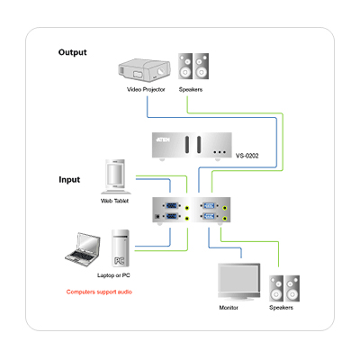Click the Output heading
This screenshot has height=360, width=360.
tap(72, 52)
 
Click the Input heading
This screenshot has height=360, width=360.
tap(69, 180)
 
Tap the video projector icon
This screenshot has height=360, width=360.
tap(144, 70)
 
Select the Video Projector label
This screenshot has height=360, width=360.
tap(146, 89)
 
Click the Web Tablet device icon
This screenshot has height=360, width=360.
tap(115, 176)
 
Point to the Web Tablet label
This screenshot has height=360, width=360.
tap(114, 201)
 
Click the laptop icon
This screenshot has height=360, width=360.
tap(83, 249)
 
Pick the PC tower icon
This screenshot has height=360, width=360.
tap(121, 248)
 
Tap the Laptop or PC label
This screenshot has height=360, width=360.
tap(113, 275)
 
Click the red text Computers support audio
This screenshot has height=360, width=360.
tap(99, 292)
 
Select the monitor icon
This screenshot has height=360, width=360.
tap(238, 282)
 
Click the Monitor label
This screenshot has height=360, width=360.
tap(229, 308)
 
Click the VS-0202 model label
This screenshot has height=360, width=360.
tap(247, 156)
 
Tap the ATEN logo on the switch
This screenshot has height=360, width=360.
tap(163, 139)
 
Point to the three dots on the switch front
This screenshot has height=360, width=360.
tap(220, 152)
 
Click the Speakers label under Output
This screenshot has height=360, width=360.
tap(191, 89)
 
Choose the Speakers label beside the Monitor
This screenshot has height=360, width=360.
tap(281, 308)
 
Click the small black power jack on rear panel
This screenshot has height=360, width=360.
tap(157, 216)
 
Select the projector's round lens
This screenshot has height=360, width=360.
tap(161, 72)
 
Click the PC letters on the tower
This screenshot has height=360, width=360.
tap(120, 261)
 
